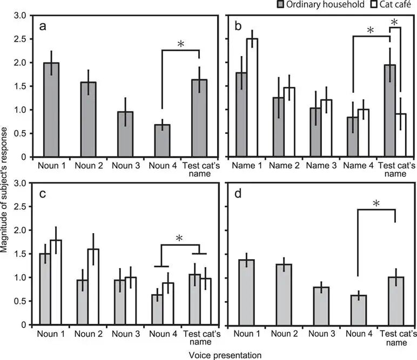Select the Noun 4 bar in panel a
[163, 141]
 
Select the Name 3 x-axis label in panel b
[315, 166]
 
